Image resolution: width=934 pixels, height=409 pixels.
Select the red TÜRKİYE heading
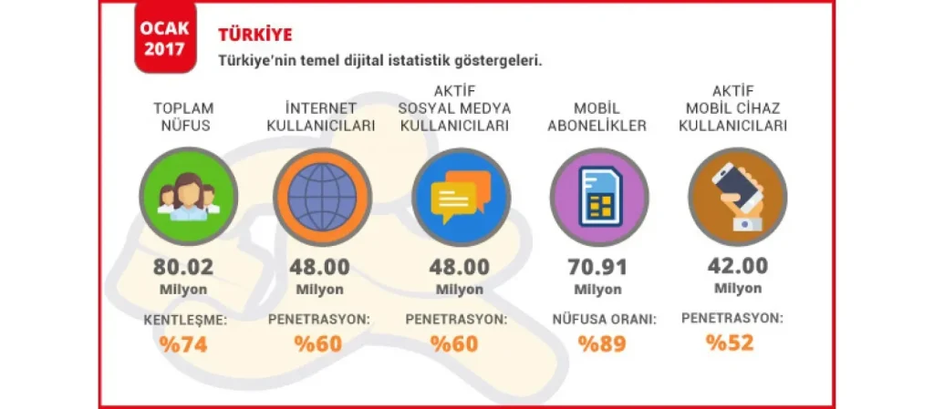tap(255, 35)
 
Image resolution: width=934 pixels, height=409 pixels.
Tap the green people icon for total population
tap(189, 197)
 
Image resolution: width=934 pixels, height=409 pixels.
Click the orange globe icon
tap(322, 197)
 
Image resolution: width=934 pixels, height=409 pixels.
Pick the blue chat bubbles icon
tap(462, 197)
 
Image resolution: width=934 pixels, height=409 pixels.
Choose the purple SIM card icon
tap(598, 197)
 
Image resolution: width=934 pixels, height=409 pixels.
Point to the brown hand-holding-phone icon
tap(737, 197)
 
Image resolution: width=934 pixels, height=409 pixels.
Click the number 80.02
tap(182, 267)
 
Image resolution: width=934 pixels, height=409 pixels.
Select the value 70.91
tap(597, 267)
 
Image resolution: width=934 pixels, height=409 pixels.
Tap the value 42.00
tap(737, 266)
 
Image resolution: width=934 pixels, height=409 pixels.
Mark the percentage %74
tap(182, 345)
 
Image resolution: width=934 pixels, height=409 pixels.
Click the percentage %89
tap(602, 345)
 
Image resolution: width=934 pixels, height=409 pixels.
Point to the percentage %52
tap(730, 343)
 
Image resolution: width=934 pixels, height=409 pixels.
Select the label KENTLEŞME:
tap(186, 321)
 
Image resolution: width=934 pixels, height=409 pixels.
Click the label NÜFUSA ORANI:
tap(605, 320)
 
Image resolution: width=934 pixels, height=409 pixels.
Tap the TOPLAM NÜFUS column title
tap(183, 118)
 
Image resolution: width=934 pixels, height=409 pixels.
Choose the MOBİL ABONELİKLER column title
tap(598, 118)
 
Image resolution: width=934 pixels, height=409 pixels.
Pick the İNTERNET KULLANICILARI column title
tap(320, 118)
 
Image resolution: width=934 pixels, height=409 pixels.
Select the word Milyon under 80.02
tap(183, 290)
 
